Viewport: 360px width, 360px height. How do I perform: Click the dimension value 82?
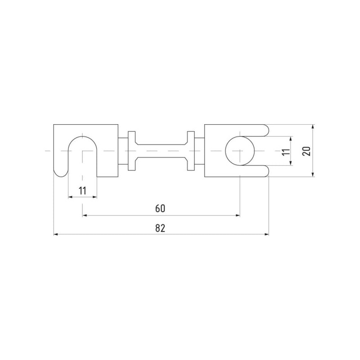(x=160, y=228)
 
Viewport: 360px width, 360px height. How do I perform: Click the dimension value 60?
(x=160, y=208)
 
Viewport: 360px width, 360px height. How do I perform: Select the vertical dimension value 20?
(x=306, y=151)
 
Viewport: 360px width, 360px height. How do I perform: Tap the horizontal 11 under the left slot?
(x=82, y=190)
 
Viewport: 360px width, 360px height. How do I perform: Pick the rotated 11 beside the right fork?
(x=286, y=152)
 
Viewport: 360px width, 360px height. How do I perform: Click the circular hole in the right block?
(x=240, y=151)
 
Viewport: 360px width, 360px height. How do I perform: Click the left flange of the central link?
(x=132, y=151)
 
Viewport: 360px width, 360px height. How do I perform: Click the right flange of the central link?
(x=191, y=151)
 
